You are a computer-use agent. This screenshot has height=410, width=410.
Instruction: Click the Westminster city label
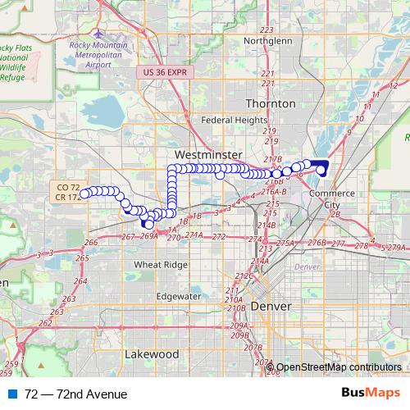coord(207,155)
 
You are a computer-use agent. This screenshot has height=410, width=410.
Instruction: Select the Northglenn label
coord(267,39)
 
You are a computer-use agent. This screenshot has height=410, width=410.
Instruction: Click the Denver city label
coord(271,305)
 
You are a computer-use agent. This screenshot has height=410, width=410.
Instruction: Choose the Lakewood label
coord(152,354)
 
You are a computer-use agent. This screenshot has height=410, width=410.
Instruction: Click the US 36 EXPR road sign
coord(165,72)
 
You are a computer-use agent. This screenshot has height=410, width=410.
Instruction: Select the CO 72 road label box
coord(69,187)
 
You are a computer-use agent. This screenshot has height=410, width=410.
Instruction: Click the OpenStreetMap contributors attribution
coord(338,368)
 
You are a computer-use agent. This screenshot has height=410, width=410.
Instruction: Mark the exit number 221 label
coord(267,74)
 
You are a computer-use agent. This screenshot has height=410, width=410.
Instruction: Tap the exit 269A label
coord(148,236)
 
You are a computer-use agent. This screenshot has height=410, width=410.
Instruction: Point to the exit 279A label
coord(398,248)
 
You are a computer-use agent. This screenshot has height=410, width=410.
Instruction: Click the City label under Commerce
coord(333,204)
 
